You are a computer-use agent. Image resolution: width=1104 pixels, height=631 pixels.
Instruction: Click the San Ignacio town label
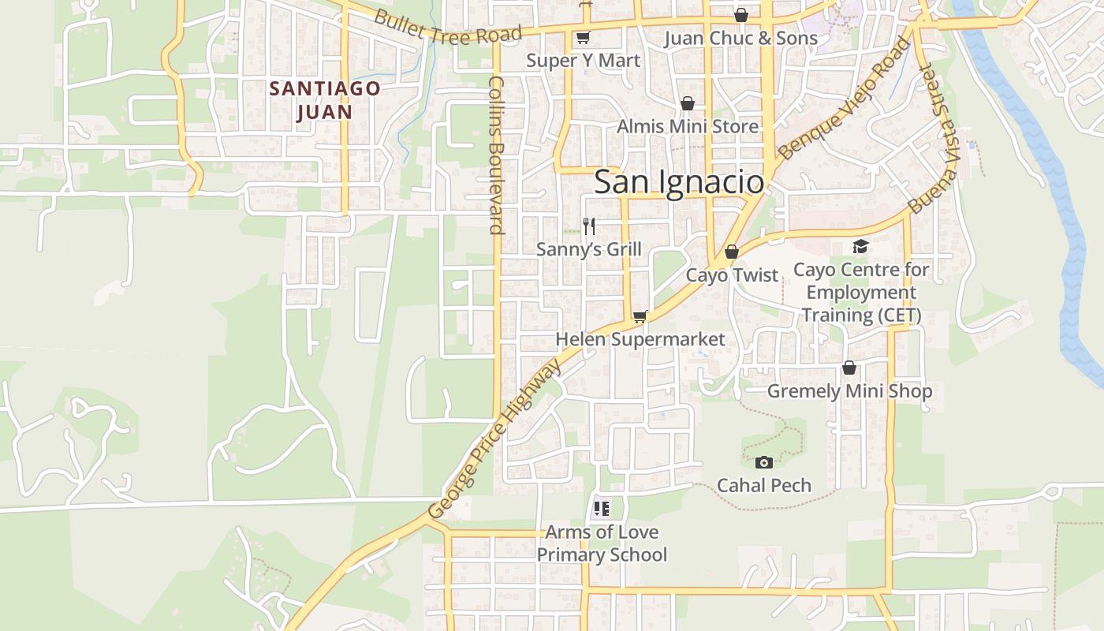click(x=679, y=182)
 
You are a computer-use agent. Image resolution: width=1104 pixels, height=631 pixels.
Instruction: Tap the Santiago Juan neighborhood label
click(x=325, y=100)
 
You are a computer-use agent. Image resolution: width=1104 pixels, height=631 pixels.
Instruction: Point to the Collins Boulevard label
click(x=496, y=155)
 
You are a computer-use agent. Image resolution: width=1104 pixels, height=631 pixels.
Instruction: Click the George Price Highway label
click(x=494, y=439)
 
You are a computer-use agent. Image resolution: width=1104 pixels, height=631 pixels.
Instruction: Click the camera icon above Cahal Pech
click(x=763, y=462)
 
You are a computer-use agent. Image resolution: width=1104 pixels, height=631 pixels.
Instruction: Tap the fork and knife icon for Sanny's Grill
click(x=589, y=226)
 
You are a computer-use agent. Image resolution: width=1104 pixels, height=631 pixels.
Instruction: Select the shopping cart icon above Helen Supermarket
click(x=640, y=317)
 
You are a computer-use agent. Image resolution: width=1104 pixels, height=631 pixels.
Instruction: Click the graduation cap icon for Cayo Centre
click(x=860, y=247)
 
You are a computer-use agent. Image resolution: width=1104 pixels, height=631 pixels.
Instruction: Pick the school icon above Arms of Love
click(x=602, y=509)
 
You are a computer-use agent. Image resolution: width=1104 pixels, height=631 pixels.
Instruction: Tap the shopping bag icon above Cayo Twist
click(x=732, y=252)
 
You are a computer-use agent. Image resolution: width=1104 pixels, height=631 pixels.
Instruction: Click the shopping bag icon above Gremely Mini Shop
click(x=849, y=368)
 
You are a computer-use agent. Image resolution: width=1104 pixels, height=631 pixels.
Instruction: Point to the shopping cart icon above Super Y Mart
click(x=583, y=37)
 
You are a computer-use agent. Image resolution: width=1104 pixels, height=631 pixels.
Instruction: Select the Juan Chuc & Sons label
click(x=740, y=38)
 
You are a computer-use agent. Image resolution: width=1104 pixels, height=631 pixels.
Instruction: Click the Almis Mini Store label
click(x=688, y=126)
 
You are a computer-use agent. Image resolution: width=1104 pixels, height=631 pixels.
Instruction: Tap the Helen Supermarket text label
click(x=640, y=339)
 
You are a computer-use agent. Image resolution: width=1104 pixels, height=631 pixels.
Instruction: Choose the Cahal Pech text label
click(x=763, y=485)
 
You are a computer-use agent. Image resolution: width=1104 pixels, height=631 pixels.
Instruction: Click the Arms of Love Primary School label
click(x=602, y=543)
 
